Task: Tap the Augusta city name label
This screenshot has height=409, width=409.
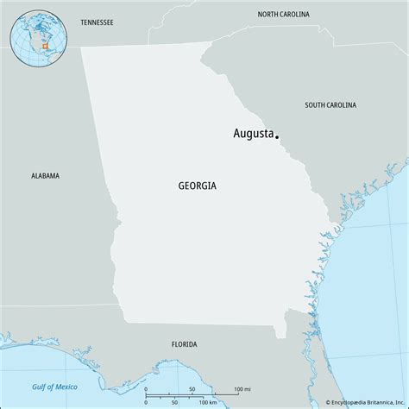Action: click(254, 134)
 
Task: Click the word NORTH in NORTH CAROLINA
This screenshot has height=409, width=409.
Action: click(270, 15)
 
